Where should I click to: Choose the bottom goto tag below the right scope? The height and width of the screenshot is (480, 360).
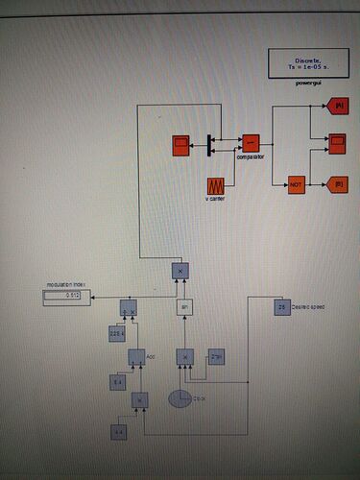[x=337, y=183]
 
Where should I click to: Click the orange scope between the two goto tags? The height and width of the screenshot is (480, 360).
[x=337, y=143]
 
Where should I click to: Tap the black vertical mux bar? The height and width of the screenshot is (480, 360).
[x=209, y=145]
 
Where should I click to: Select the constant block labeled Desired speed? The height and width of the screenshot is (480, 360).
[x=281, y=307]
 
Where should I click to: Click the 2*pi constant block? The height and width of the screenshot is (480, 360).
[x=216, y=356]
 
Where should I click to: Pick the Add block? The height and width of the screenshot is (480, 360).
[x=136, y=356]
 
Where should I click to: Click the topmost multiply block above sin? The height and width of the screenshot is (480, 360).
[x=180, y=272]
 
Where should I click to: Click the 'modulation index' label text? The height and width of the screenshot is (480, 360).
[x=66, y=285]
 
